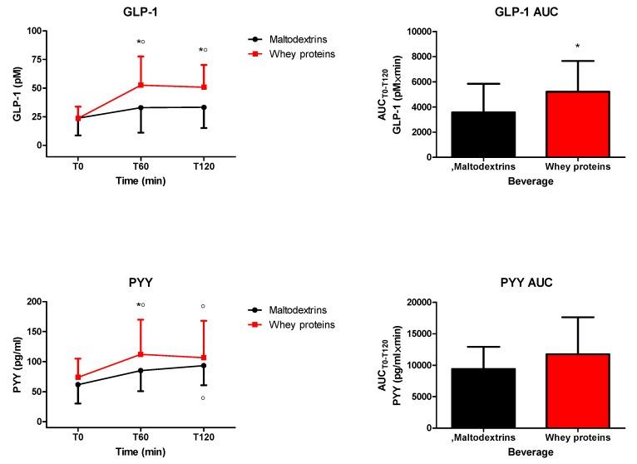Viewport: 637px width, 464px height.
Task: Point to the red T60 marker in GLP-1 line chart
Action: pyautogui.click(x=141, y=85)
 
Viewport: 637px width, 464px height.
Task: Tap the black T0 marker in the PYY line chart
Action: pyautogui.click(x=78, y=384)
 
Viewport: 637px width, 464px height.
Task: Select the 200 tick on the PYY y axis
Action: pyautogui.click(x=33, y=302)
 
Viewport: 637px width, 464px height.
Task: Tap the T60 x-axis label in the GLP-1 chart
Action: pyautogui.click(x=141, y=165)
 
